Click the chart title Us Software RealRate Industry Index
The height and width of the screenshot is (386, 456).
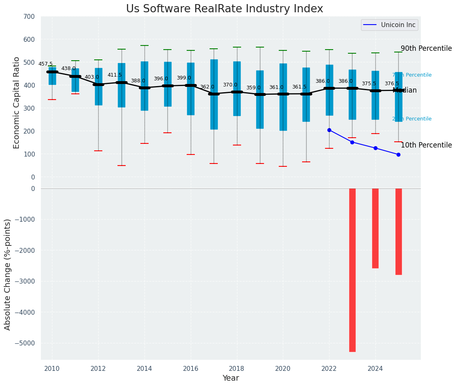click(x=224, y=9)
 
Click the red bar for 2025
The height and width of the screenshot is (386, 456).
click(x=399, y=231)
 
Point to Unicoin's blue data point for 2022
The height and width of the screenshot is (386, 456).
click(x=329, y=130)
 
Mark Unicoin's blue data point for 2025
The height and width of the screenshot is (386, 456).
click(x=398, y=154)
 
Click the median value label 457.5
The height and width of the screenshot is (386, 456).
click(x=45, y=64)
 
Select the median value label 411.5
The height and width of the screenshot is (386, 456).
click(x=115, y=75)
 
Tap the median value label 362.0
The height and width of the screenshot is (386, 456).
click(x=207, y=87)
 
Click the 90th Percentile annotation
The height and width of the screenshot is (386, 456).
click(x=426, y=48)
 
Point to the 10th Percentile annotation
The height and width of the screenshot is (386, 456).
click(x=426, y=145)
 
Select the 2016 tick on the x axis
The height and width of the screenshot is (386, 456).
click(x=191, y=369)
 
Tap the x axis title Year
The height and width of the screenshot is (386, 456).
click(x=230, y=378)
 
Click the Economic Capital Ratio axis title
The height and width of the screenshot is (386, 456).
click(x=17, y=103)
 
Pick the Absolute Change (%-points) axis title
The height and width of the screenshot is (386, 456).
click(x=8, y=274)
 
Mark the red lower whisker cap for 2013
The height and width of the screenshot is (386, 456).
click(x=122, y=166)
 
